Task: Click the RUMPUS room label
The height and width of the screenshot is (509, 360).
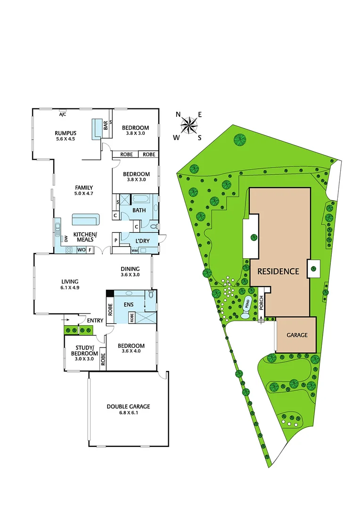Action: [x=65, y=133]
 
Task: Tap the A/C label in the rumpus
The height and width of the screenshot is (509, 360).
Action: [x=62, y=115]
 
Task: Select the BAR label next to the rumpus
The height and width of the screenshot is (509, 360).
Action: [x=106, y=124]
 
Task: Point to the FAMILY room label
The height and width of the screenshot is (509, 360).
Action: [x=84, y=187]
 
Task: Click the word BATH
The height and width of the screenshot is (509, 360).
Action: [x=139, y=210]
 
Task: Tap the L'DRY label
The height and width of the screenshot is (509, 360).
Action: [x=142, y=241]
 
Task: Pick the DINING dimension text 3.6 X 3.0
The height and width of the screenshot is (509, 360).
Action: [x=131, y=274]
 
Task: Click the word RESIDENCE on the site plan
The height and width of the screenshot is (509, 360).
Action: [x=278, y=271]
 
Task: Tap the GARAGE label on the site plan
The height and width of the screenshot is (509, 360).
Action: [x=296, y=335]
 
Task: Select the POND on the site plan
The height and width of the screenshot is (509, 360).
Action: [x=247, y=305]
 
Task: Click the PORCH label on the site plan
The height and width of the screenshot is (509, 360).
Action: [x=261, y=304]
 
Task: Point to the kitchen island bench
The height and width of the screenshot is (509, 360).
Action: [x=86, y=219]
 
